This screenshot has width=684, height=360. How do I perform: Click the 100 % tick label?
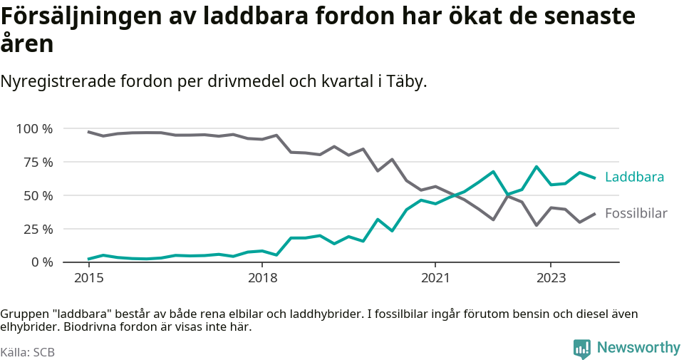(35, 129)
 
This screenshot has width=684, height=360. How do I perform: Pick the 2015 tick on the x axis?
(88, 277)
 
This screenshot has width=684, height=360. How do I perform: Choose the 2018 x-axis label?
(262, 277)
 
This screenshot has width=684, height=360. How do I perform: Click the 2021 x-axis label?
(435, 277)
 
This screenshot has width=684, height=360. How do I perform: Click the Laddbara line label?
(634, 178)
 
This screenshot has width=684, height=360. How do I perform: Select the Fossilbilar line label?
(636, 213)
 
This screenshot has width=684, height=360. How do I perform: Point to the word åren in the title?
(27, 45)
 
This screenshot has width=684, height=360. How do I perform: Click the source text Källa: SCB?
(28, 352)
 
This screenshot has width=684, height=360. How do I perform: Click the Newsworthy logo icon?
(582, 349)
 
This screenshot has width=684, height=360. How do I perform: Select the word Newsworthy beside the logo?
(638, 348)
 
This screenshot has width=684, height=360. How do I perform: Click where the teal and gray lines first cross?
(450, 194)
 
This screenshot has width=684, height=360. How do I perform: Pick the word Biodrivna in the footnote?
(88, 328)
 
